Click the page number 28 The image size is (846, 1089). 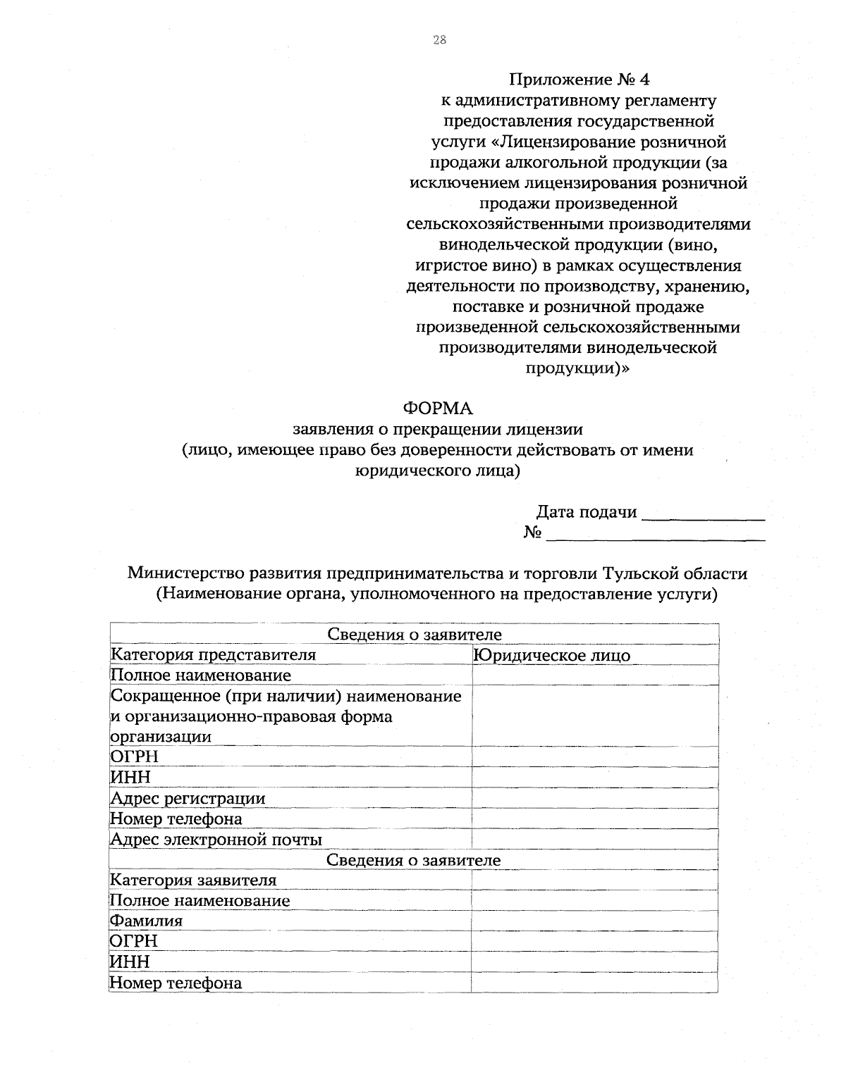click(439, 40)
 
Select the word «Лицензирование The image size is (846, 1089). click(559, 142)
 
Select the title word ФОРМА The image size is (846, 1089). click(437, 409)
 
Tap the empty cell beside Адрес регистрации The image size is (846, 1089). click(594, 798)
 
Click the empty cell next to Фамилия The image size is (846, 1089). click(594, 921)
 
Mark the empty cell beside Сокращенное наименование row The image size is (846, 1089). click(594, 716)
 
